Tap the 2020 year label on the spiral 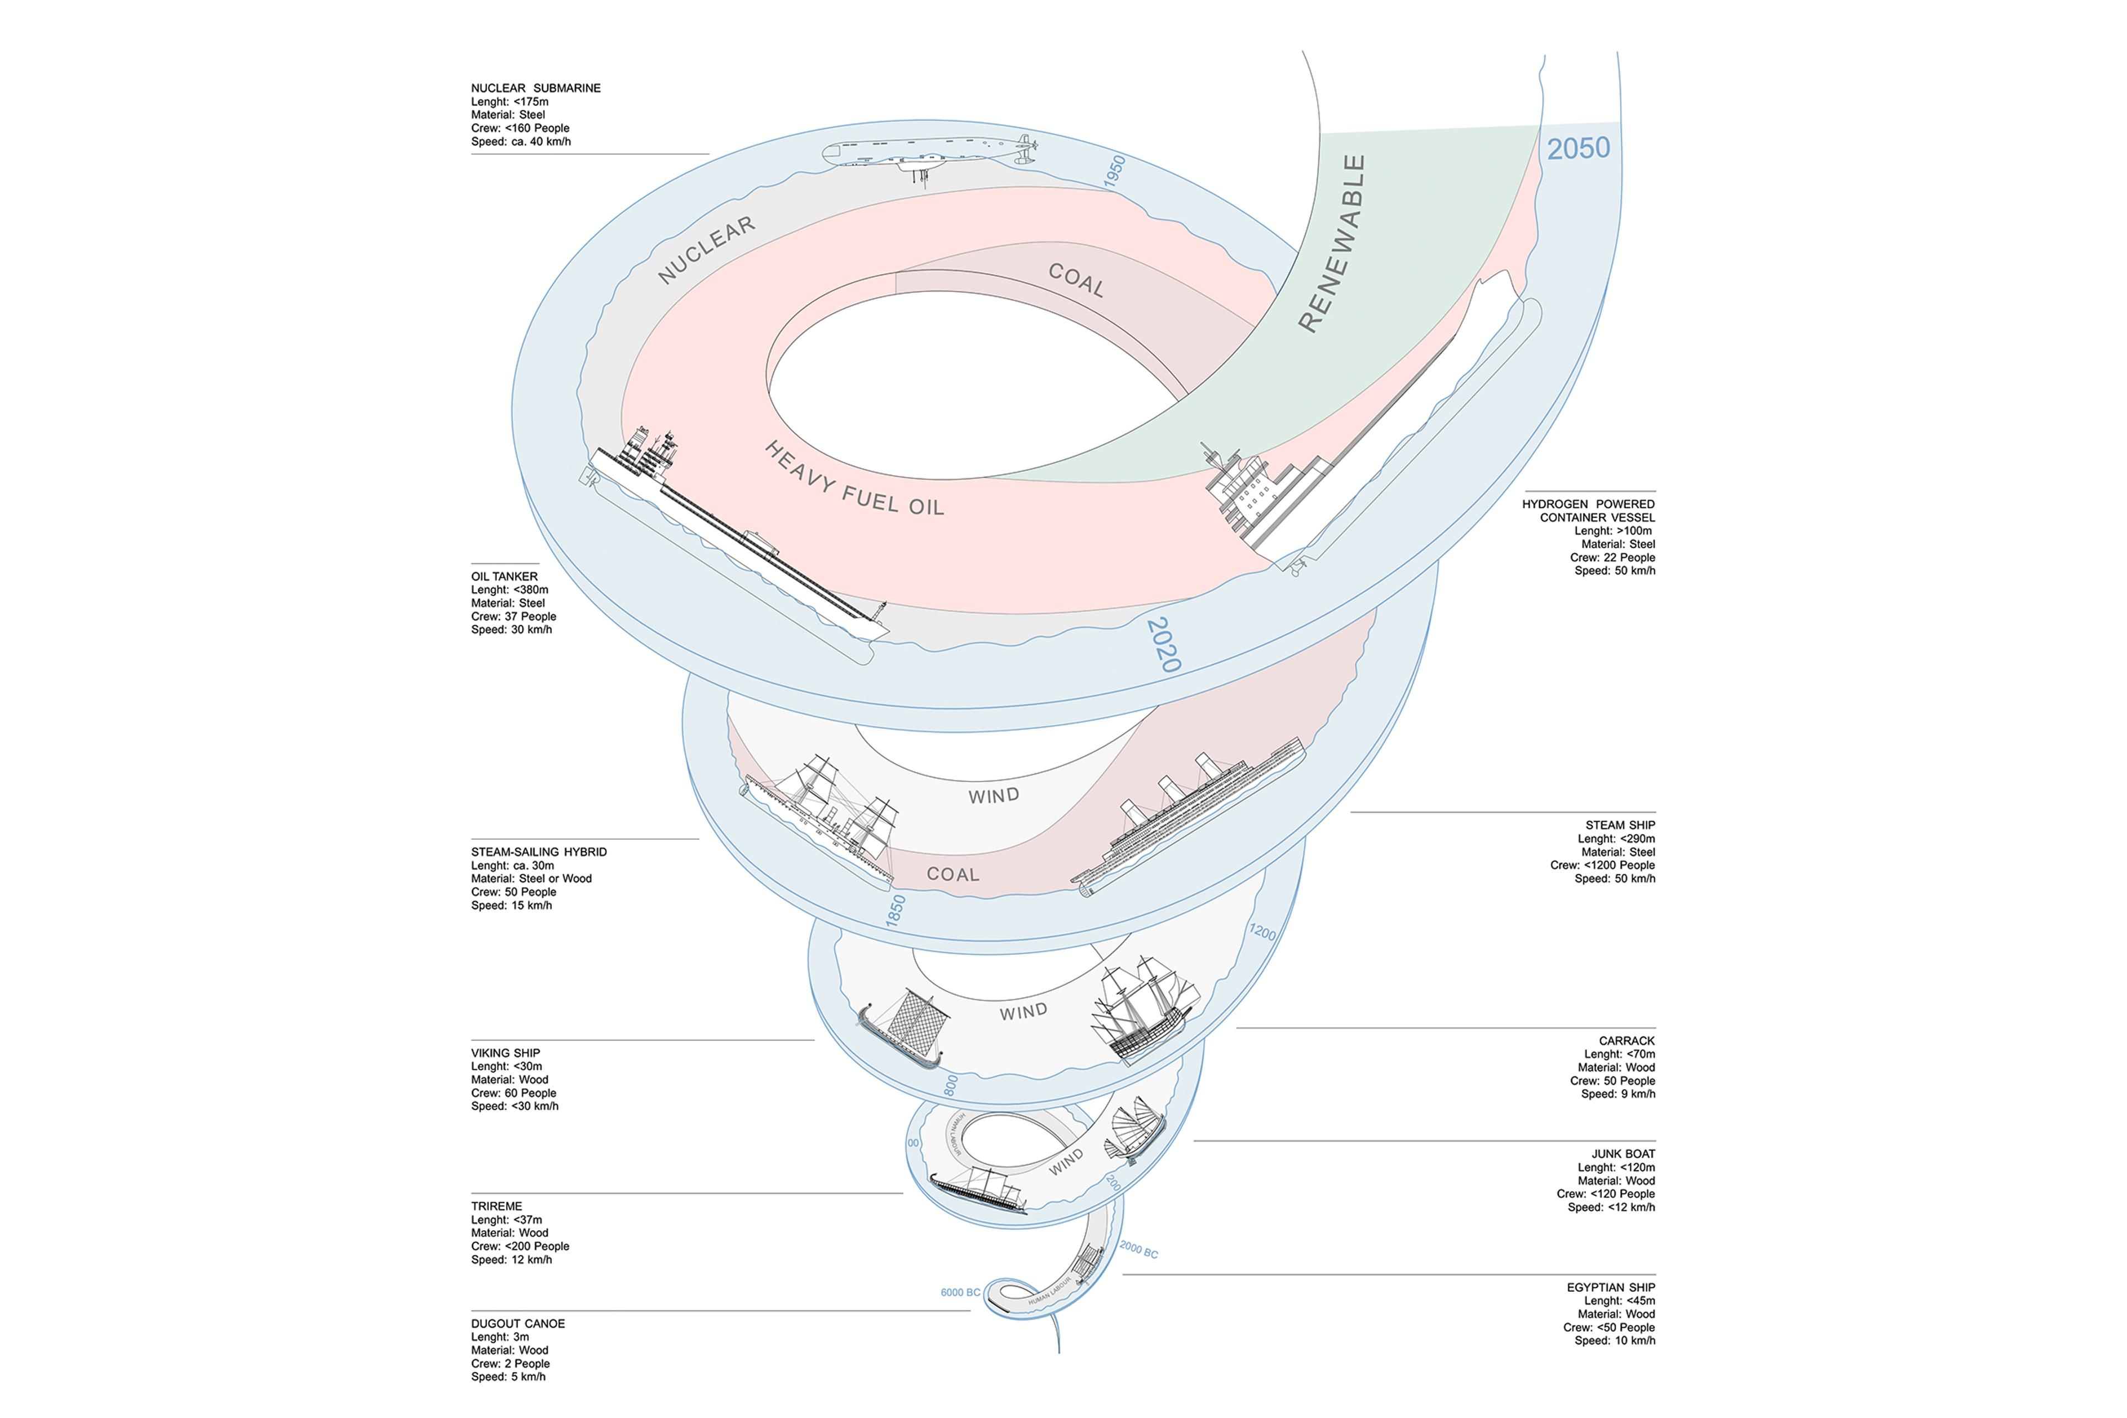[1163, 645]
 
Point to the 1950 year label [1115, 171]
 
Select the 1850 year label [895, 910]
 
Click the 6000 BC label [959, 1292]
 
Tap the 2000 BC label [1139, 1249]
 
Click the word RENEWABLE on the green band [1331, 243]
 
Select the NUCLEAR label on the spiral [706, 250]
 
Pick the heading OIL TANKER [504, 576]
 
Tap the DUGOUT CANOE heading [517, 1323]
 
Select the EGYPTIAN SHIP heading [1611, 1287]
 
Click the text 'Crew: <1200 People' [1601, 865]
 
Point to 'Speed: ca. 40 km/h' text [520, 142]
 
